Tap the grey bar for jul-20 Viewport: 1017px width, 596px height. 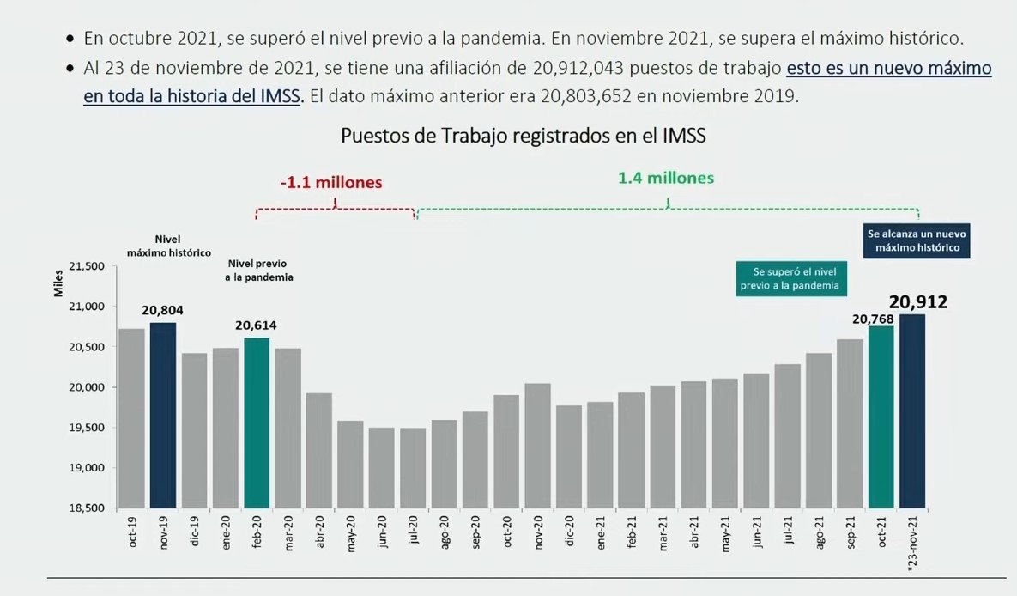pyautogui.click(x=413, y=468)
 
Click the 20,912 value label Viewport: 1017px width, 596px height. pyautogui.click(x=917, y=301)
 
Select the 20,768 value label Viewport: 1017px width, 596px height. pyautogui.click(x=872, y=319)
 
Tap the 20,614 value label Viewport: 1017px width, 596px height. pyautogui.click(x=257, y=325)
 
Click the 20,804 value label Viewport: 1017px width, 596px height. pyautogui.click(x=162, y=310)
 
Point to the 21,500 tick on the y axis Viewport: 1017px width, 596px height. pyautogui.click(x=86, y=266)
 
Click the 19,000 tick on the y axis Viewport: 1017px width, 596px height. pyautogui.click(x=86, y=468)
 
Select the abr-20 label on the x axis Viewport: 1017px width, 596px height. pyautogui.click(x=319, y=532)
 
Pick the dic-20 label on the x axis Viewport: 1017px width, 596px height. pyautogui.click(x=569, y=532)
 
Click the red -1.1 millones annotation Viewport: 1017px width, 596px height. pyautogui.click(x=331, y=183)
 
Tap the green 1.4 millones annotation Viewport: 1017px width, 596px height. pyautogui.click(x=666, y=179)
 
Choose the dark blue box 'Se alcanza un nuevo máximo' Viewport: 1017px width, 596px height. pyautogui.click(x=917, y=240)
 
